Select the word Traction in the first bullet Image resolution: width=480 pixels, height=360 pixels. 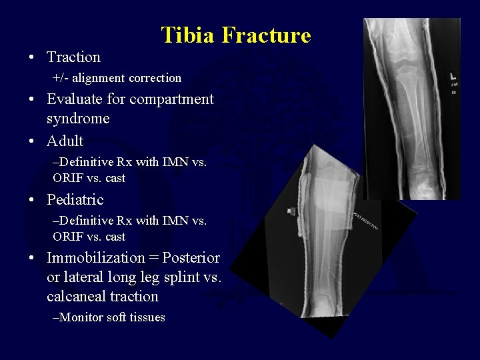pos(73,57)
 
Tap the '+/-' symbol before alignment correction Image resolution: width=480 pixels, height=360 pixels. pos(61,78)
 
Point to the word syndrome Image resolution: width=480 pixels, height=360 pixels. pos(78,119)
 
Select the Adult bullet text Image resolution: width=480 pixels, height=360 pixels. pos(65,141)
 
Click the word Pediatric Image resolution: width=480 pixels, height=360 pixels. pos(75,199)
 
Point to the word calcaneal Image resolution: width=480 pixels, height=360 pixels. pos(75,296)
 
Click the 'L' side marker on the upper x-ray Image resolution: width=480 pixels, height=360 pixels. pos(453,75)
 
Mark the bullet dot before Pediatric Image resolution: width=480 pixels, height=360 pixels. pos(32,200)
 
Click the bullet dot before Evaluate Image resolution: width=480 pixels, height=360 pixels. pos(32,100)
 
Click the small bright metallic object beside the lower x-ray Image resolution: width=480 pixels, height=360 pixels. pos(291,211)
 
